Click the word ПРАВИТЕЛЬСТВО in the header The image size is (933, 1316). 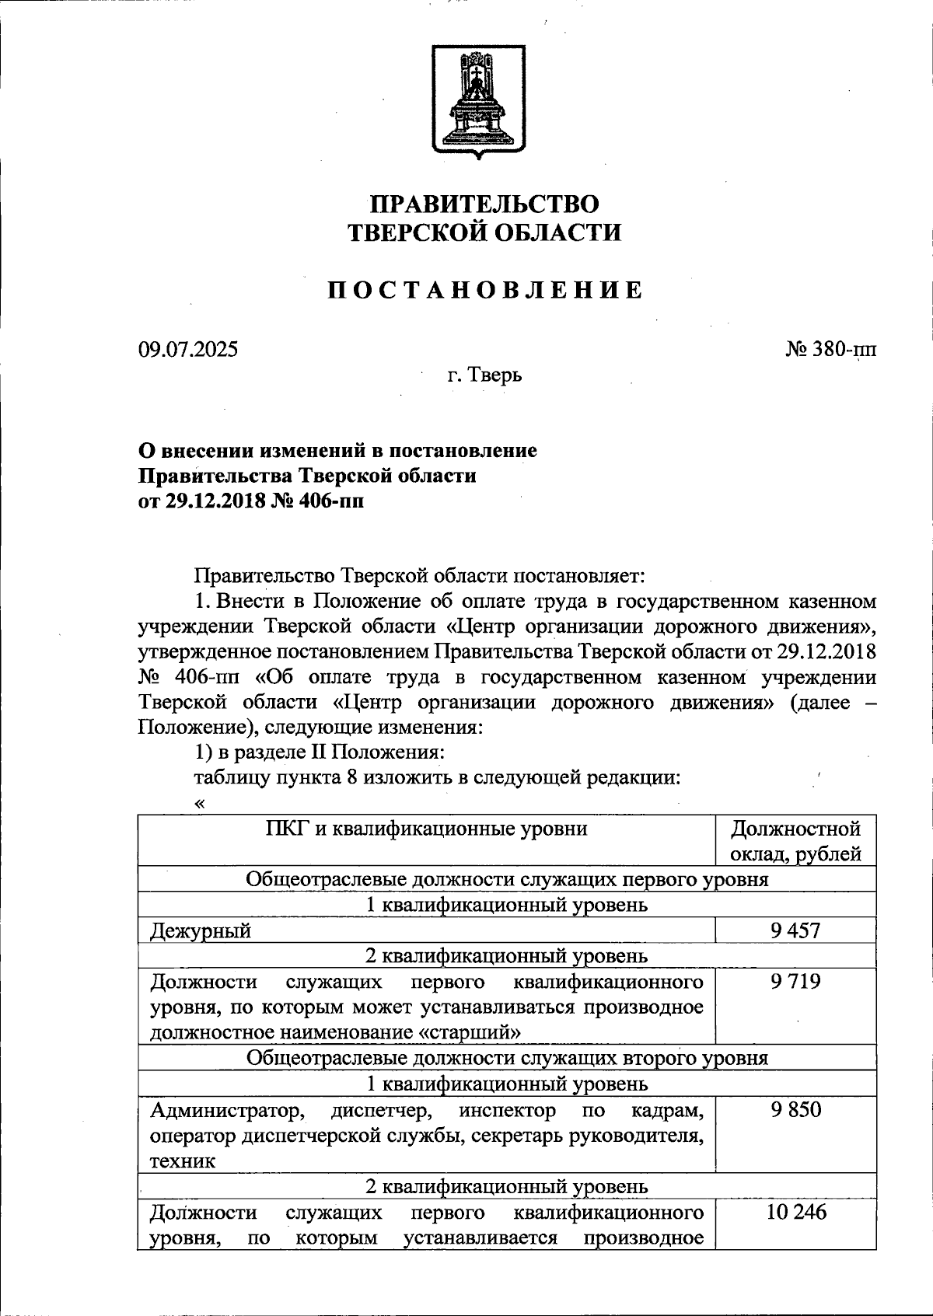tap(484, 204)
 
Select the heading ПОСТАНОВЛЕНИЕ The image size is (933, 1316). tap(484, 291)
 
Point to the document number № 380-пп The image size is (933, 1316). tap(830, 349)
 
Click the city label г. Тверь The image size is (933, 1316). tap(484, 375)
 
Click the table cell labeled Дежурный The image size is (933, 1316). tap(201, 930)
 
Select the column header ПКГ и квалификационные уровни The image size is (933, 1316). tap(426, 829)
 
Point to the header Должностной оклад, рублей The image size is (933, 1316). tap(795, 841)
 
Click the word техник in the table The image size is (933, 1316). tap(183, 1161)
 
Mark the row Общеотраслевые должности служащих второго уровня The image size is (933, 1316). tap(507, 1058)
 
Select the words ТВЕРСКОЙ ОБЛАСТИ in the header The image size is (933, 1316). tap(484, 232)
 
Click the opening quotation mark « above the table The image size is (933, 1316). tap(200, 804)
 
